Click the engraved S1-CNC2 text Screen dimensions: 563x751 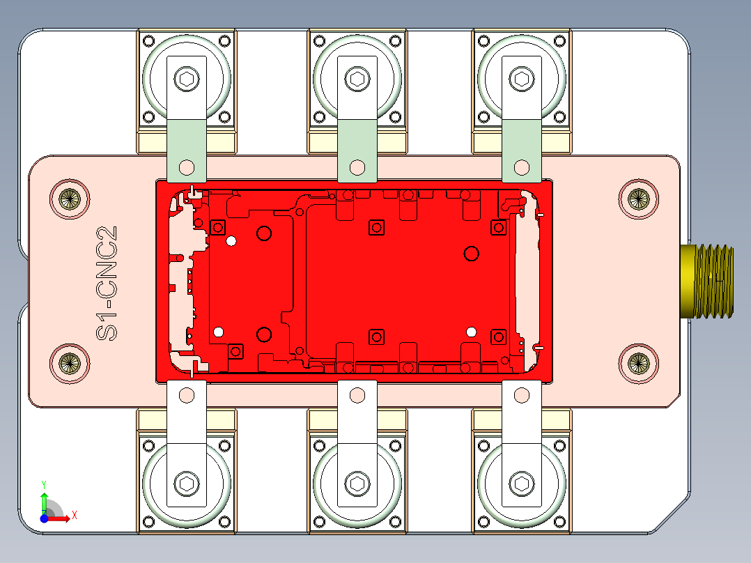pos(107,283)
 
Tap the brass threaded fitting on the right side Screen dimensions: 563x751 pos(708,281)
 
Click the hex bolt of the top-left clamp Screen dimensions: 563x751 pos(187,79)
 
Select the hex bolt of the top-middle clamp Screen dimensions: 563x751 pos(357,79)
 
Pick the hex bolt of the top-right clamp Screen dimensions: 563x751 pos(522,79)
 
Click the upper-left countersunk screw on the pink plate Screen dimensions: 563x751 pos(70,199)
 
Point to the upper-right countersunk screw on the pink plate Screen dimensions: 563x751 pos(638,199)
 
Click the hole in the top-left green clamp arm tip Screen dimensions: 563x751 pos(187,167)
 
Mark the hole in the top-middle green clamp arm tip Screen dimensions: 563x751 pos(357,167)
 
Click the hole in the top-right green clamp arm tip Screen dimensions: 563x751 pos(522,167)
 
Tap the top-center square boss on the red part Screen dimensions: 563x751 pos(376,227)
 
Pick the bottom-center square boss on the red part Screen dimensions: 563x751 pos(376,337)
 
